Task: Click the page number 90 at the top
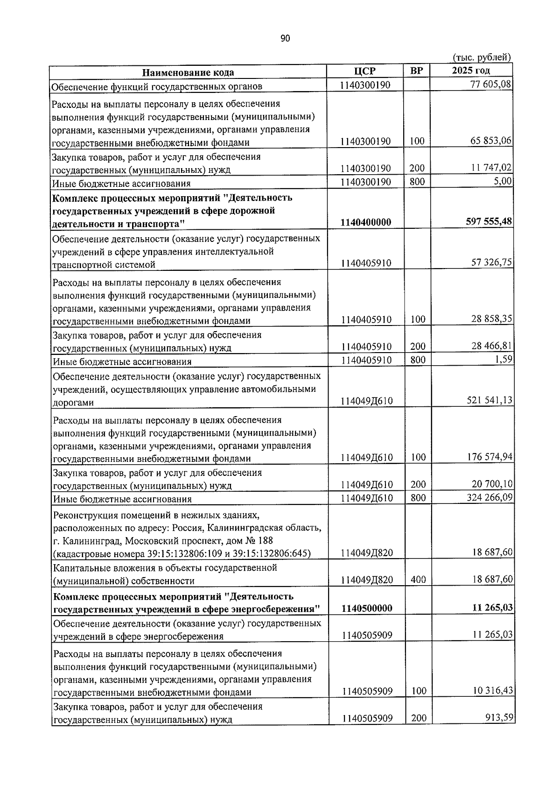[x=285, y=38]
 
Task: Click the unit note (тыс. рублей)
[x=483, y=57]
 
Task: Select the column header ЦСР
[x=364, y=71]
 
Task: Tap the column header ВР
[x=416, y=71]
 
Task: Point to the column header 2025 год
[x=471, y=71]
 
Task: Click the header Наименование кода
[x=188, y=72]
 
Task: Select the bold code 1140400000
[x=366, y=222]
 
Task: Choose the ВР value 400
[x=418, y=580]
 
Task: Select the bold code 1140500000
[x=366, y=608]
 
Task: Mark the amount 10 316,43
[x=492, y=690]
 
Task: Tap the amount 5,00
[x=503, y=181]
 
